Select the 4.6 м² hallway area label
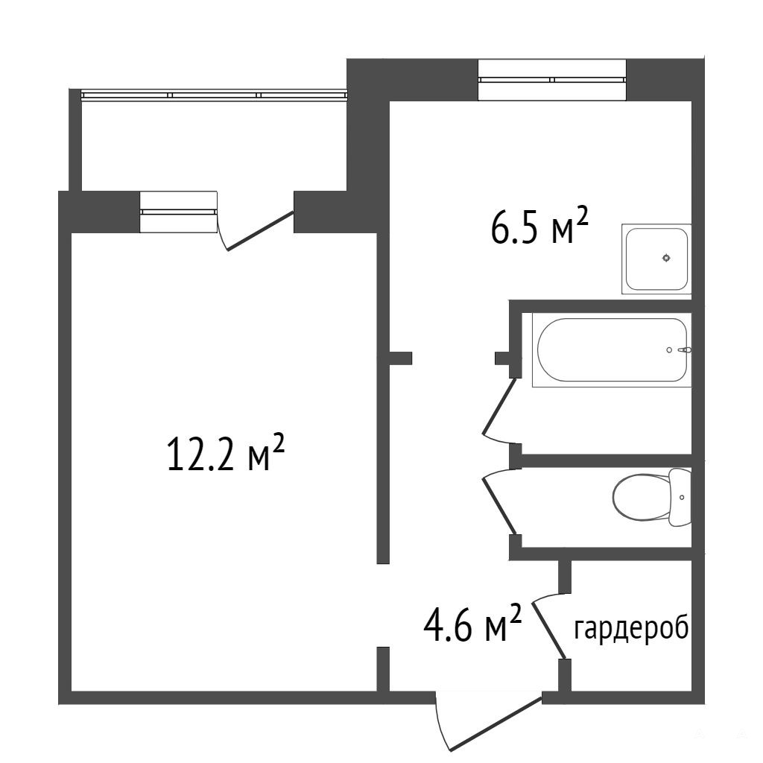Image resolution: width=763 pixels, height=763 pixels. click(x=473, y=624)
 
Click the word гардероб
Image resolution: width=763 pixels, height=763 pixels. click(x=631, y=629)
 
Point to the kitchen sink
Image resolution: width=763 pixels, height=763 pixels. click(x=656, y=259)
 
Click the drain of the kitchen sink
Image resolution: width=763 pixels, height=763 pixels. click(x=666, y=259)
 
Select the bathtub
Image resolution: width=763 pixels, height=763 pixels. click(x=612, y=350)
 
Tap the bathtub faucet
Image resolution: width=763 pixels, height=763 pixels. click(x=686, y=350)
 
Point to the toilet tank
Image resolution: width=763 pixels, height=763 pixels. click(x=680, y=497)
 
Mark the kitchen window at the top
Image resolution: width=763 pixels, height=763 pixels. click(x=552, y=80)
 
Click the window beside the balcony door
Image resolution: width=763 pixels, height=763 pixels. click(x=179, y=212)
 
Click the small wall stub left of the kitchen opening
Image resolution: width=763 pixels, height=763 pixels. click(x=400, y=358)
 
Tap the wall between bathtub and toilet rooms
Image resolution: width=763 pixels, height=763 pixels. click(x=607, y=460)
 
